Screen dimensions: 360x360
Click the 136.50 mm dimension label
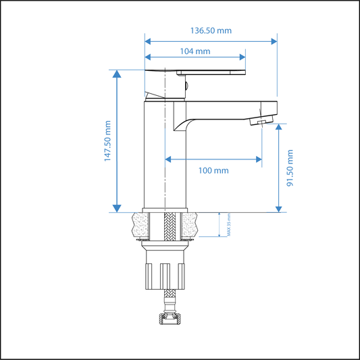(x=210, y=30)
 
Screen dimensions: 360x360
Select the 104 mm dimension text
(x=195, y=51)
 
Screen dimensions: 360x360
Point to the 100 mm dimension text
(x=213, y=170)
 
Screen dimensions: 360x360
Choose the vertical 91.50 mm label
(x=290, y=169)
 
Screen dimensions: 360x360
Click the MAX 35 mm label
(x=229, y=225)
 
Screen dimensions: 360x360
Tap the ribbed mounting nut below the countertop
(x=165, y=274)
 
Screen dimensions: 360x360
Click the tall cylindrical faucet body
(x=165, y=155)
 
